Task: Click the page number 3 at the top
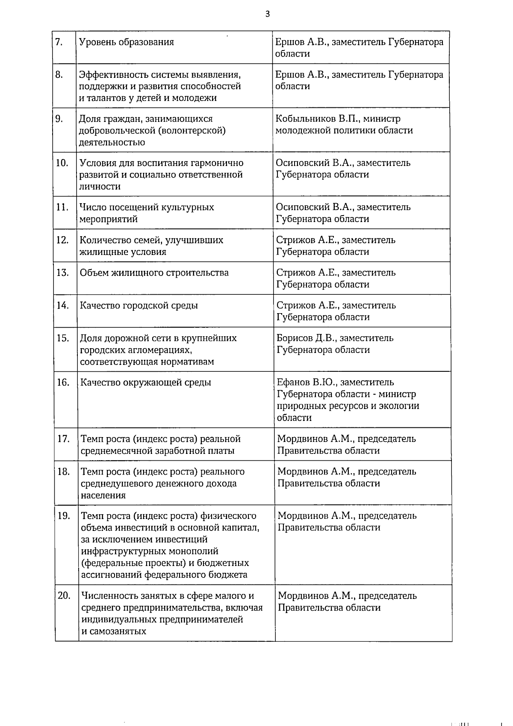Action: point(268,14)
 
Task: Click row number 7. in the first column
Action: point(59,42)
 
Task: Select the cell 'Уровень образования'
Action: point(127,42)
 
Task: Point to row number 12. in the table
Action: point(62,240)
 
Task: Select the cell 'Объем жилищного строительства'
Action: point(154,273)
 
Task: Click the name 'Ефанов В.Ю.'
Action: point(305,382)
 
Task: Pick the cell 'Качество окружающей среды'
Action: point(146,382)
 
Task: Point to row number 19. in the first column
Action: point(64,516)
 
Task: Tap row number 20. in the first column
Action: point(64,596)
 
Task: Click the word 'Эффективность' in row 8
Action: point(114,75)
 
